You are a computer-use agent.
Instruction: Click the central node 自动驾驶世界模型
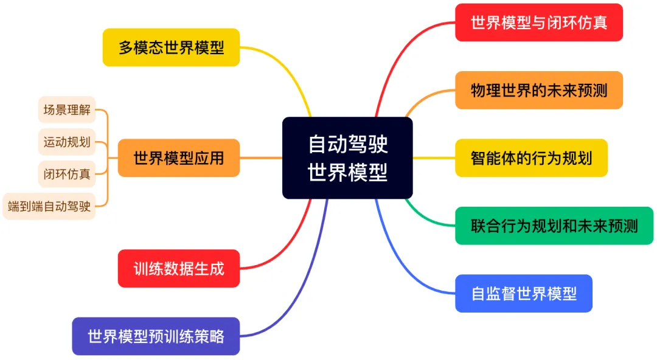[347, 157]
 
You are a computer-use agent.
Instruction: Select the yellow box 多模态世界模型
[171, 47]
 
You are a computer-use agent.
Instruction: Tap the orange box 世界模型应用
[178, 158]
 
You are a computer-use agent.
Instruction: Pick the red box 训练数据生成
[178, 268]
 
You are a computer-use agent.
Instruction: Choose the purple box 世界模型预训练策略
[156, 336]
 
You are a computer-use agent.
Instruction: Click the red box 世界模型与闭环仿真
[538, 22]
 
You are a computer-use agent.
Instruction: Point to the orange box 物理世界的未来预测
[538, 90]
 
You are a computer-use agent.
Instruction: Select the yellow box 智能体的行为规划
[531, 158]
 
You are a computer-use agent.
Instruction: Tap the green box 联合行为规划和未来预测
[554, 226]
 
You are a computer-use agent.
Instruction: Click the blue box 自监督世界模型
[523, 294]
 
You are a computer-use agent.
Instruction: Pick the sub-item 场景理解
[67, 109]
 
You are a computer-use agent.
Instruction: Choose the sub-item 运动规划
[67, 142]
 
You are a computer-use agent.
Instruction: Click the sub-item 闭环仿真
[67, 174]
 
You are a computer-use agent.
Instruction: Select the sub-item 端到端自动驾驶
[49, 206]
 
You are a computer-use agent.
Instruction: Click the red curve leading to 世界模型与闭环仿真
[395, 49]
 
